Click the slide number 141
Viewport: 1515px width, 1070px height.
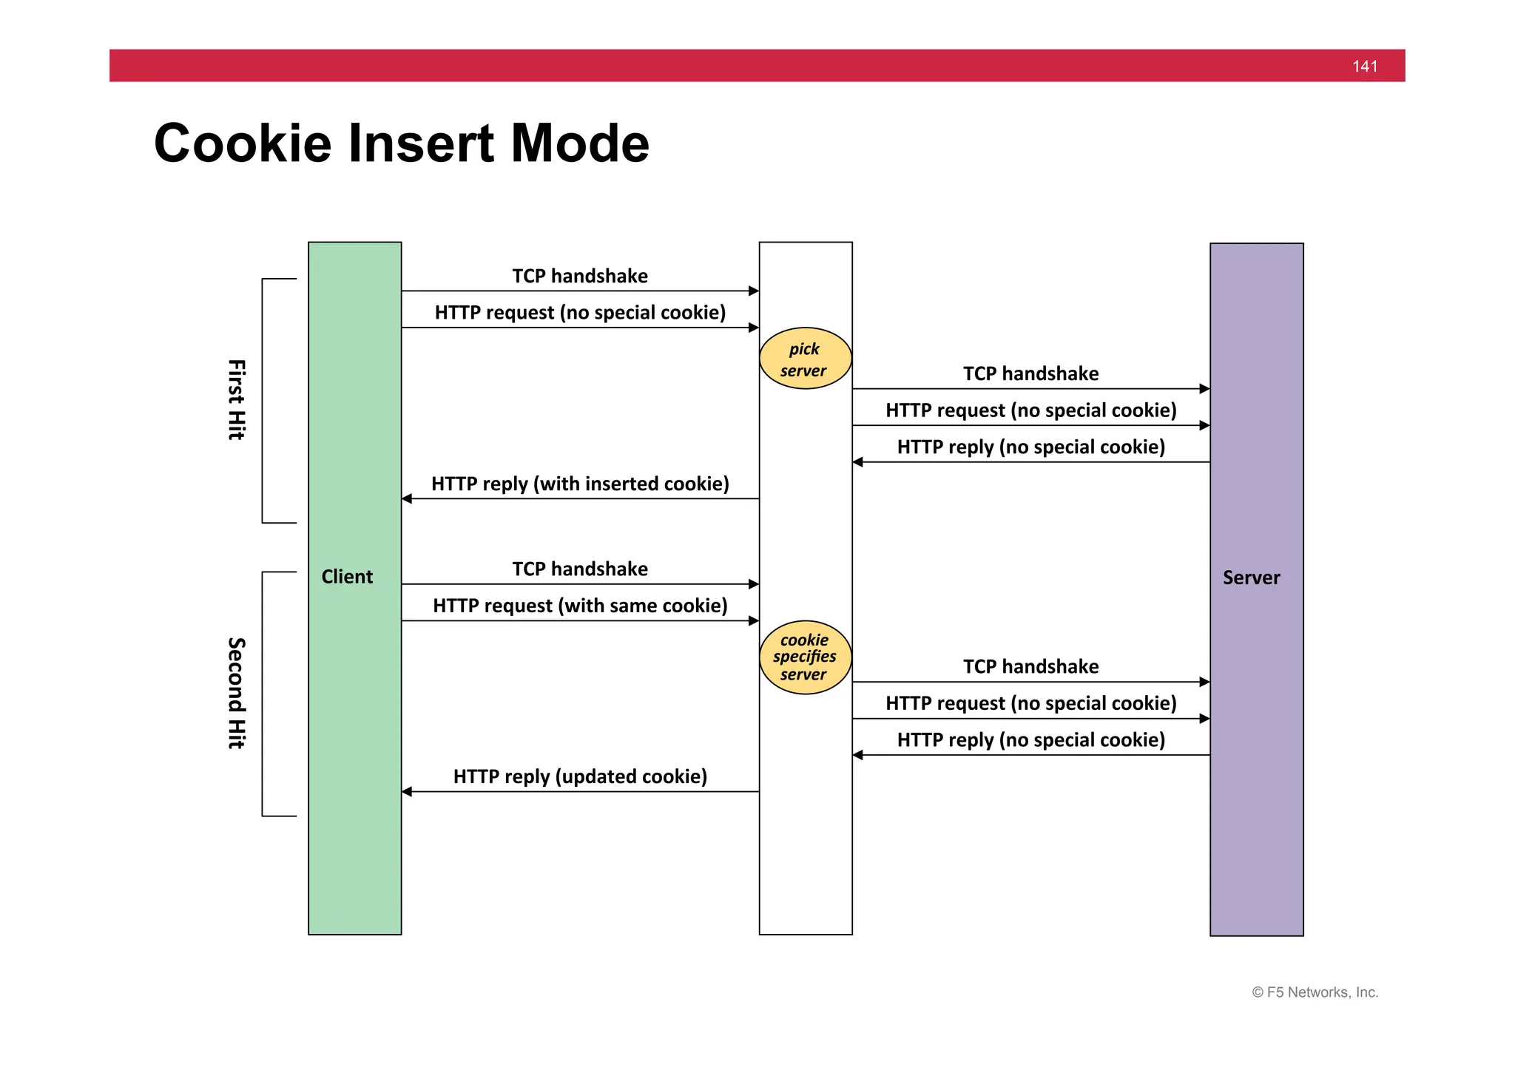pos(1365,67)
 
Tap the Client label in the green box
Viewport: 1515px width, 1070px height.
pos(347,577)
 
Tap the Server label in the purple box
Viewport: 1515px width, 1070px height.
pos(1251,578)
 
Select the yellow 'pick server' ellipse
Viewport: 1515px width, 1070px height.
pos(805,359)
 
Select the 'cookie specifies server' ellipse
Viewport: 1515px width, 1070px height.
pos(805,657)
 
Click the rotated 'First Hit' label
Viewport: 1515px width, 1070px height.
pos(236,400)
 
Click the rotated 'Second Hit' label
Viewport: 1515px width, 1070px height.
pos(236,693)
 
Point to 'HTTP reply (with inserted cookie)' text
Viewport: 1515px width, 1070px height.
pos(580,484)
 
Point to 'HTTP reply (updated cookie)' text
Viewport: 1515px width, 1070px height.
pos(580,776)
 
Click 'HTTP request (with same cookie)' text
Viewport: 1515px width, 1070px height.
pos(580,606)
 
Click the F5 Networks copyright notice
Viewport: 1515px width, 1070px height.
pos(1315,992)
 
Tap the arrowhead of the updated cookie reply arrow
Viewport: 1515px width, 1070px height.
pos(407,792)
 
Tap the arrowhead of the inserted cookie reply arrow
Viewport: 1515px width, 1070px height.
pos(407,499)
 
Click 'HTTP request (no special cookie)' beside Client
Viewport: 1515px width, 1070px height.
pos(580,312)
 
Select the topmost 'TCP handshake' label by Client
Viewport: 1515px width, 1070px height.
pos(580,276)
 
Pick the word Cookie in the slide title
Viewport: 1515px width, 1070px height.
pos(243,143)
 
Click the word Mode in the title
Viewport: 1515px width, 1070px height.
pos(580,143)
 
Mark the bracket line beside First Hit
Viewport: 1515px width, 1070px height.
pos(263,400)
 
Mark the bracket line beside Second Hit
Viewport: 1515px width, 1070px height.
pos(263,693)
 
